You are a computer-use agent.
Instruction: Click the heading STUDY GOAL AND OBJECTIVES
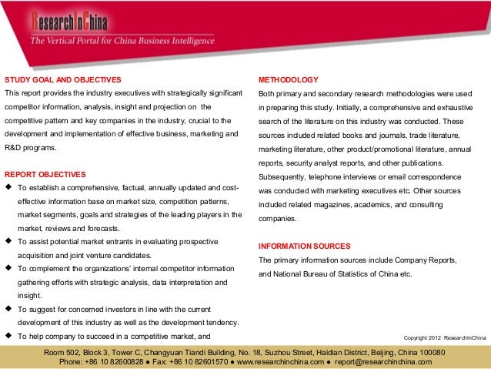(x=63, y=80)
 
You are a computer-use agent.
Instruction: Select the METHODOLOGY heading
(x=288, y=80)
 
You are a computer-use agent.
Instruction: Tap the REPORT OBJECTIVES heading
(x=45, y=174)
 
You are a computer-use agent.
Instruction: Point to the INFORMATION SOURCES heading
(x=304, y=246)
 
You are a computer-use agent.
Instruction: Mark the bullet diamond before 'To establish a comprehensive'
(x=8, y=188)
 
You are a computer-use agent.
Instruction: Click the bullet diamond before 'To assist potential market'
(x=8, y=241)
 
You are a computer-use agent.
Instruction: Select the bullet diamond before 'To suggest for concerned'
(x=8, y=309)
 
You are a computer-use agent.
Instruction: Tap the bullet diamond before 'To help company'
(x=8, y=337)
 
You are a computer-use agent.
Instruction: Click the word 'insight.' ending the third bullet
(x=30, y=295)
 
